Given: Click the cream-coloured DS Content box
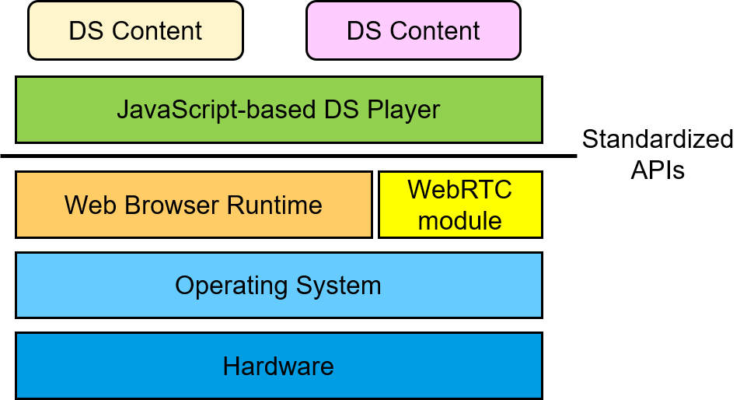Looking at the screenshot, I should (135, 31).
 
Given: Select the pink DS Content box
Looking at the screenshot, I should (413, 31).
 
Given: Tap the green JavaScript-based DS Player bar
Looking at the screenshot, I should (278, 110).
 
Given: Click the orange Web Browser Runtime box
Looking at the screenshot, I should (194, 205).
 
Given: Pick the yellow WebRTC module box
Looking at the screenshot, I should (460, 205).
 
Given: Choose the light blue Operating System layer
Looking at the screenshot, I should (278, 286).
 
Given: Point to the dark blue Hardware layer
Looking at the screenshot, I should (278, 366).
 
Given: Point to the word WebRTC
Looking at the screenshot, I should (460, 190).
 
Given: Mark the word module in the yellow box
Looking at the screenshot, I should (460, 220).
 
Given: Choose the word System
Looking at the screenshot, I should (339, 286).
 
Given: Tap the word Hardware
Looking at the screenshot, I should (278, 366).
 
